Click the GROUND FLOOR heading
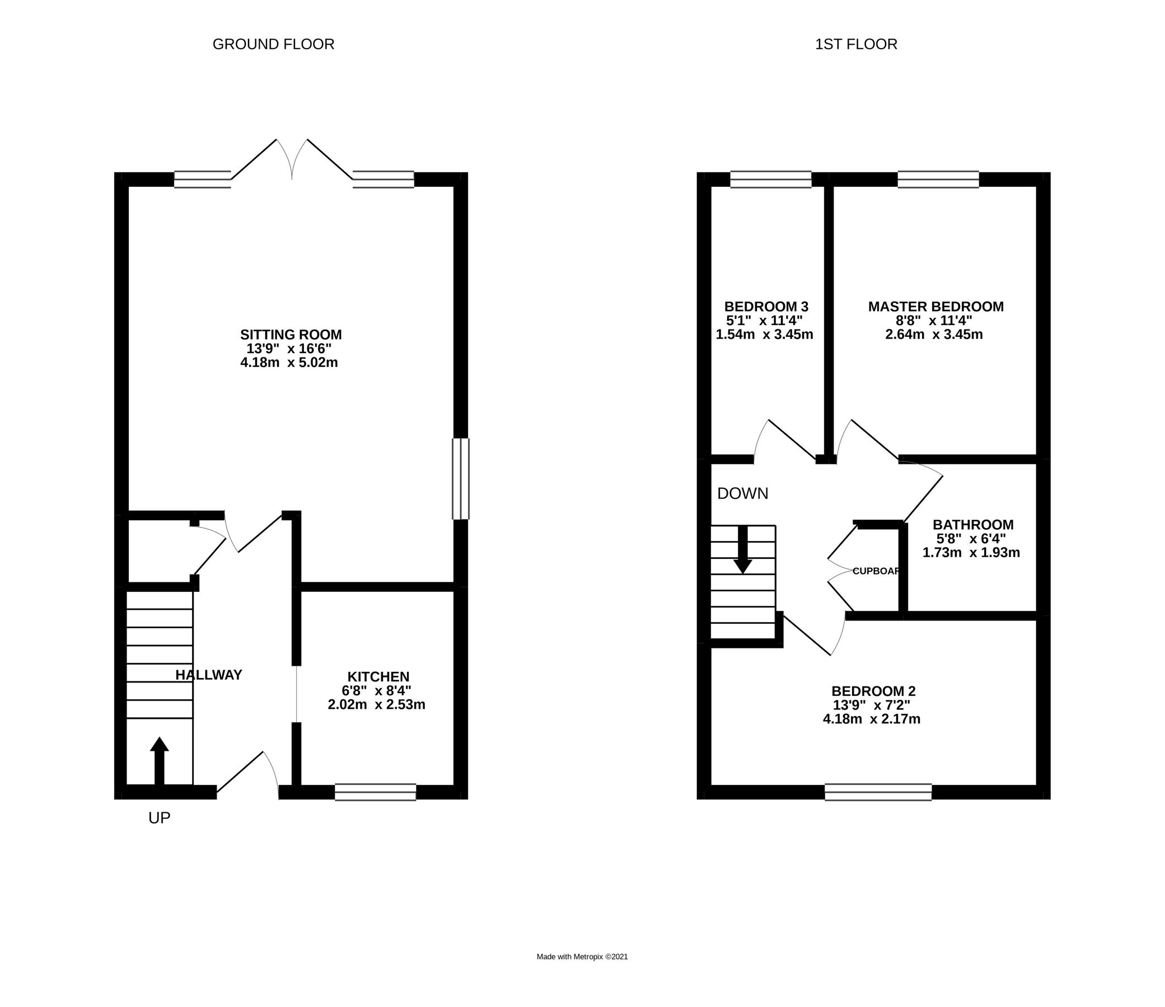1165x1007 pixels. [x=273, y=44]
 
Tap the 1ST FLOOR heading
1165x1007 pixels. [x=856, y=44]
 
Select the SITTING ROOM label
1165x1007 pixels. [x=291, y=335]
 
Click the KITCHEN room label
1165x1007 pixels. [x=378, y=676]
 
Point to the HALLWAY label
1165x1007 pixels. [x=209, y=675]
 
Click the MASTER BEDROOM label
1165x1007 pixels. [x=935, y=307]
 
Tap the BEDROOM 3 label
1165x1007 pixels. [x=766, y=307]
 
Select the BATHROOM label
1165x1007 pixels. [x=973, y=524]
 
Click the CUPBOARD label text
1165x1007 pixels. [x=876, y=571]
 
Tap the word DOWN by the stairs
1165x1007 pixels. [x=742, y=493]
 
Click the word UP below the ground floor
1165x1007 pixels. [x=159, y=818]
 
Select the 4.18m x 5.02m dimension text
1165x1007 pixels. [x=289, y=363]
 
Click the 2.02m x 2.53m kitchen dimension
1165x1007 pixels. [x=376, y=705]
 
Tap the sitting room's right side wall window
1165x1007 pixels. [x=461, y=479]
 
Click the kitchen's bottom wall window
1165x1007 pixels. [x=375, y=792]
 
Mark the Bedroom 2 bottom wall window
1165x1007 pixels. [x=878, y=792]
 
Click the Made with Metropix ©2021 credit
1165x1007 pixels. [x=582, y=957]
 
